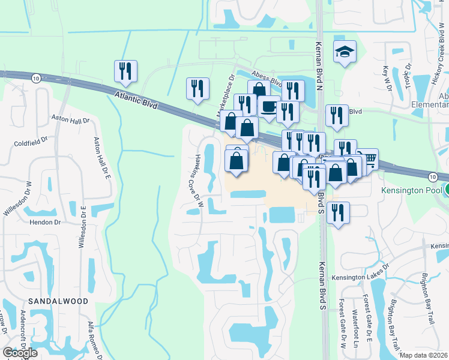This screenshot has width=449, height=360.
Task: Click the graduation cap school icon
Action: (x=345, y=53)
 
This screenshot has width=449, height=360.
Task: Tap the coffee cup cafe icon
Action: (x=268, y=107)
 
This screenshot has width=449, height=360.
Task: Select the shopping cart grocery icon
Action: (x=367, y=159)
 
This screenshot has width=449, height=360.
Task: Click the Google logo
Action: (x=20, y=353)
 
